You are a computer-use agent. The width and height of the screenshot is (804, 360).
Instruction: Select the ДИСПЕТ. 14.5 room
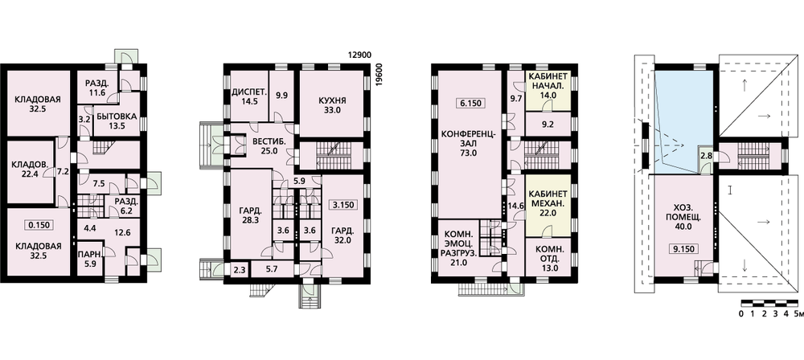click(x=248, y=96)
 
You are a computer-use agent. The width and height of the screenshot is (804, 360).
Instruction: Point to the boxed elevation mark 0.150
click(x=39, y=225)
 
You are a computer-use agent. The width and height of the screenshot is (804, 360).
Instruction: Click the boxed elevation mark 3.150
click(x=343, y=205)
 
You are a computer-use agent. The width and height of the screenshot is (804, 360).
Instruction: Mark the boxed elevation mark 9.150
click(x=683, y=249)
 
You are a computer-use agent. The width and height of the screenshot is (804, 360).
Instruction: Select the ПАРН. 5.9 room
click(x=88, y=259)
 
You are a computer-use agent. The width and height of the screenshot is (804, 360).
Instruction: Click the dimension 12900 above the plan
click(x=359, y=55)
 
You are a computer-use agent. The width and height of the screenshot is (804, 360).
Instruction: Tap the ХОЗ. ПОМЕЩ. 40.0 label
click(x=682, y=218)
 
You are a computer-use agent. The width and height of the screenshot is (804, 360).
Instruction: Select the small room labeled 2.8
click(x=706, y=155)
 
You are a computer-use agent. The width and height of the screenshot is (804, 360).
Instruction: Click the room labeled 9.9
click(x=281, y=96)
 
